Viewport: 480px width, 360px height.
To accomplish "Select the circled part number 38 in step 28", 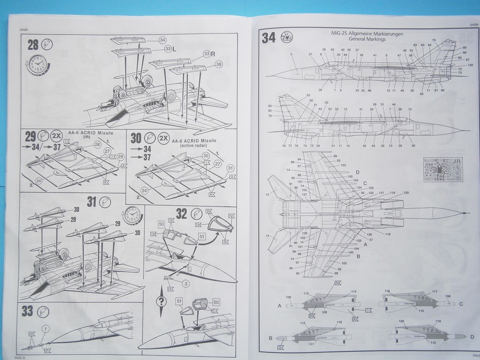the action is [x=218, y=65].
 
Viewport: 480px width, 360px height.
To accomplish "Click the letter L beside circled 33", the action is [x=174, y=49].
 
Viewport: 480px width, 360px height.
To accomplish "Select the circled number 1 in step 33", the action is [x=45, y=328].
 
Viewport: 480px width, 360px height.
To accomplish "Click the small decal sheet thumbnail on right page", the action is [x=444, y=169].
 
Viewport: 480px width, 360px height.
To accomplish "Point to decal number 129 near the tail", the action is [x=470, y=65].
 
